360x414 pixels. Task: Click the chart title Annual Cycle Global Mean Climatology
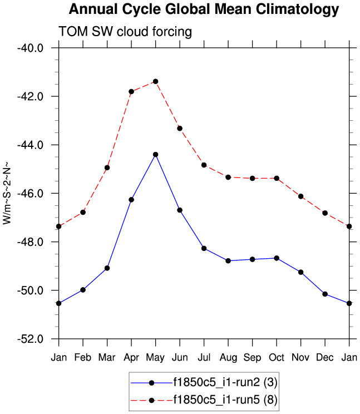point(204,9)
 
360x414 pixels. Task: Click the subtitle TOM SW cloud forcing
point(125,32)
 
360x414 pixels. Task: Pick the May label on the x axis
point(156,357)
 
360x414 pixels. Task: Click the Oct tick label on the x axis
point(277,357)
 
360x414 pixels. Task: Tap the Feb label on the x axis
point(83,357)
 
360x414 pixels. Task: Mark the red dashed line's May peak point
point(156,81)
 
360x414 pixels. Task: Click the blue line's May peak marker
point(156,154)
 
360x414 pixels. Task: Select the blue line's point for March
point(107,268)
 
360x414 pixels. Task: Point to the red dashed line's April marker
point(131,91)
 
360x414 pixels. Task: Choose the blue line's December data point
point(325,294)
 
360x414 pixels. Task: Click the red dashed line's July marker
point(204,165)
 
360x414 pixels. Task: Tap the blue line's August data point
point(228,260)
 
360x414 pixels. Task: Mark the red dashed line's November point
point(301,196)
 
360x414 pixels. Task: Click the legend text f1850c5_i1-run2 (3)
point(225,383)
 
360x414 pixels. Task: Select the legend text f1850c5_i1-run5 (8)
point(225,399)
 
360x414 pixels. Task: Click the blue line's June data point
point(180,210)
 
